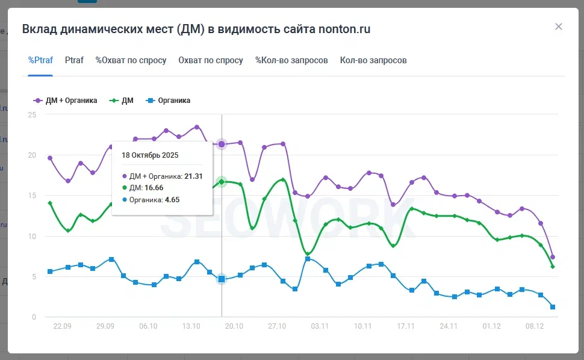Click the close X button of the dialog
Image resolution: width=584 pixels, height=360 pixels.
tap(559, 26)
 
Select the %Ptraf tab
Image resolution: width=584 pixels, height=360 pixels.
tap(40, 60)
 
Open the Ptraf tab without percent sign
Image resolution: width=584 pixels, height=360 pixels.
tap(74, 60)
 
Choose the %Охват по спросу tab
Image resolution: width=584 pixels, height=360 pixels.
tap(131, 60)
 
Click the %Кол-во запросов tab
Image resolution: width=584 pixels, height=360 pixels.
tap(291, 60)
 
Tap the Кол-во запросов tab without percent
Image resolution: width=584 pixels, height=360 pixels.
tap(373, 60)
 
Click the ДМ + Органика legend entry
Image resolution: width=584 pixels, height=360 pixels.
tap(66, 101)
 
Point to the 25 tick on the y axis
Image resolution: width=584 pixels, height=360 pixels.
tap(32, 115)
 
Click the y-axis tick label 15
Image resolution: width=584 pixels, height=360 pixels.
tap(32, 196)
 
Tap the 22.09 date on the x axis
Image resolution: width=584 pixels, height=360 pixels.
tap(63, 326)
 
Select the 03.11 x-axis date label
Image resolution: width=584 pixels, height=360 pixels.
tap(320, 326)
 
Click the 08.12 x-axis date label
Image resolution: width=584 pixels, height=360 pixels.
tap(535, 326)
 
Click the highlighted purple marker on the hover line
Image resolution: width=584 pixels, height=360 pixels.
tap(222, 144)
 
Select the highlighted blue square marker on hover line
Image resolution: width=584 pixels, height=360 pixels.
tap(222, 279)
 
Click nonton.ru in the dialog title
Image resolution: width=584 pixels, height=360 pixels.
tap(344, 29)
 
